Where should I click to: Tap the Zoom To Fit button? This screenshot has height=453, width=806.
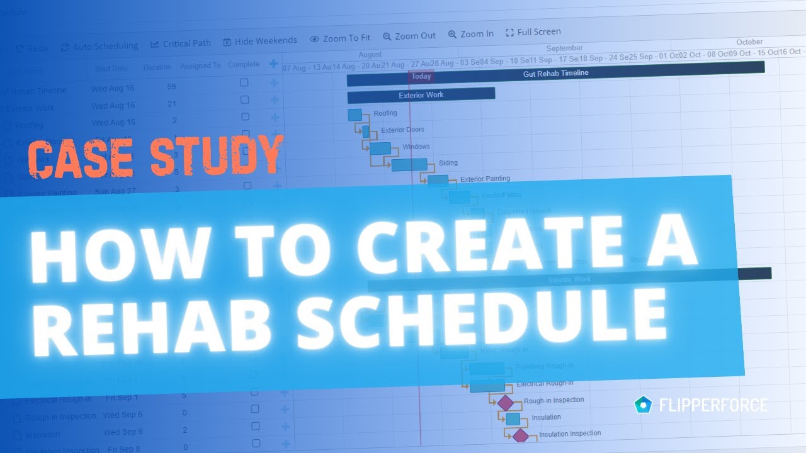click(340, 38)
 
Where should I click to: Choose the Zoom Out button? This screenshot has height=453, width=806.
click(409, 36)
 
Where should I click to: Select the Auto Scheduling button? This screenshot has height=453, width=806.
click(99, 47)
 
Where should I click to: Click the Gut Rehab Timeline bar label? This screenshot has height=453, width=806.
click(555, 74)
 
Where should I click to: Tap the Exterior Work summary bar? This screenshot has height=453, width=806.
click(421, 95)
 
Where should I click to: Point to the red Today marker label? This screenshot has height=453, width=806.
click(421, 77)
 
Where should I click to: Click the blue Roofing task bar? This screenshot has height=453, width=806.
click(355, 115)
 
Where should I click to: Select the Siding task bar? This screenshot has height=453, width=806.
click(409, 165)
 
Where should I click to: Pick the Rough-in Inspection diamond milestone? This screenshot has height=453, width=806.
click(505, 403)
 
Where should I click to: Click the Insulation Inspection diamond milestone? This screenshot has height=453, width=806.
click(520, 435)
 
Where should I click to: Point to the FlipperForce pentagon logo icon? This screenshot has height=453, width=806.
click(643, 405)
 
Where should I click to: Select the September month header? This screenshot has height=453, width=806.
click(564, 48)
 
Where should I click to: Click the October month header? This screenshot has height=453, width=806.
click(749, 42)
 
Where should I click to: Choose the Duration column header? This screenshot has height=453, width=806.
click(157, 67)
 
